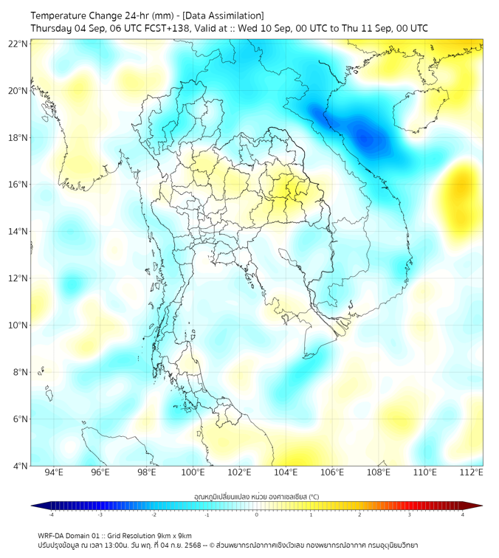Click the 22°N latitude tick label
pos(18,44)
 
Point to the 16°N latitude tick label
pos(18,185)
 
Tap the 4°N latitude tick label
pos(20,466)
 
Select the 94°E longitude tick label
pos(54,472)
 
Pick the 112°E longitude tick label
pos(472,472)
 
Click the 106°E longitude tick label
pos(332,472)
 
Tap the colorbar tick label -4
pos(51,515)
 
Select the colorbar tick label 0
pos(257,515)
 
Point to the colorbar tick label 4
pos(463,515)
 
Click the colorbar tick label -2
pos(154,515)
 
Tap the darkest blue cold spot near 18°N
pos(364,137)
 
